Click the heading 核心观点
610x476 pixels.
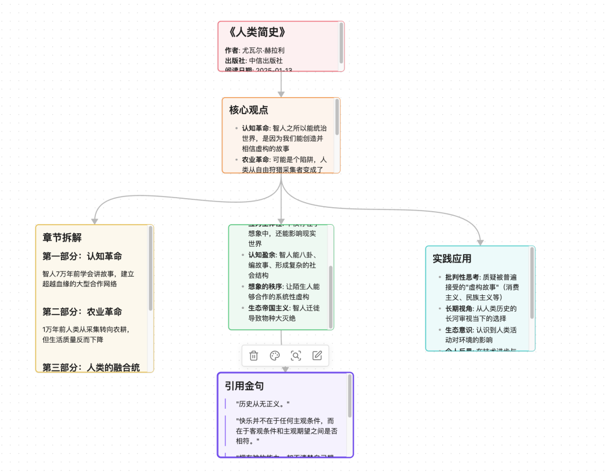249,110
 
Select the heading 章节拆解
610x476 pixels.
62,238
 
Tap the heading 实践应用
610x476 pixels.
452,259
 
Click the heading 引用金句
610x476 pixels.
244,386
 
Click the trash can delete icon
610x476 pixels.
254,356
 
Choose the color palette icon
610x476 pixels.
274,356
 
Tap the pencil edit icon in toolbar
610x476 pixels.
317,356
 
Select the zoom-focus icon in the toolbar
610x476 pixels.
296,356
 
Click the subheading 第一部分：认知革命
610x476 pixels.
82,256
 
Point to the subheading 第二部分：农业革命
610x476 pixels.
82,312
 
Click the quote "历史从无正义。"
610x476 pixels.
264,404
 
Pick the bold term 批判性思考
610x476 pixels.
462,277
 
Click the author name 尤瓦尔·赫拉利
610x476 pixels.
263,50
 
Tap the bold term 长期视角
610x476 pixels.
456,308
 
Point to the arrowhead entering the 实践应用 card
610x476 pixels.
480,242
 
